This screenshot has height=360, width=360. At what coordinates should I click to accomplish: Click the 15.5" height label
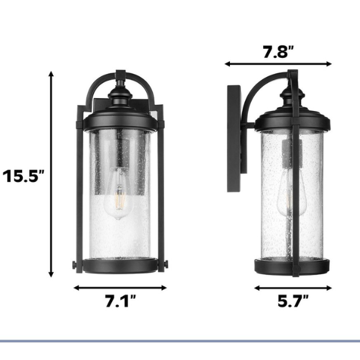(x=23, y=176)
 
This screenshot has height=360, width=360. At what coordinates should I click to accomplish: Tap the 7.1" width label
(x=121, y=301)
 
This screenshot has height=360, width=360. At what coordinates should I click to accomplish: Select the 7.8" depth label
(x=278, y=52)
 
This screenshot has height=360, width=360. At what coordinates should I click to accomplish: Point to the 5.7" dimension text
(x=293, y=301)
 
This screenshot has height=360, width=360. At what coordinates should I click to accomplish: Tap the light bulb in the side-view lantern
(x=291, y=193)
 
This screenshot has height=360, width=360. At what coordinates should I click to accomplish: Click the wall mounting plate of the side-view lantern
(x=234, y=139)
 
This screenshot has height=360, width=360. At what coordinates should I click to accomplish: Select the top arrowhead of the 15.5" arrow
(x=51, y=74)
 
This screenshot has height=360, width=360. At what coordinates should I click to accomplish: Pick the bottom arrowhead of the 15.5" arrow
(x=51, y=274)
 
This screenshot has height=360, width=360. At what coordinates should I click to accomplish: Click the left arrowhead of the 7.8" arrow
(x=227, y=64)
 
